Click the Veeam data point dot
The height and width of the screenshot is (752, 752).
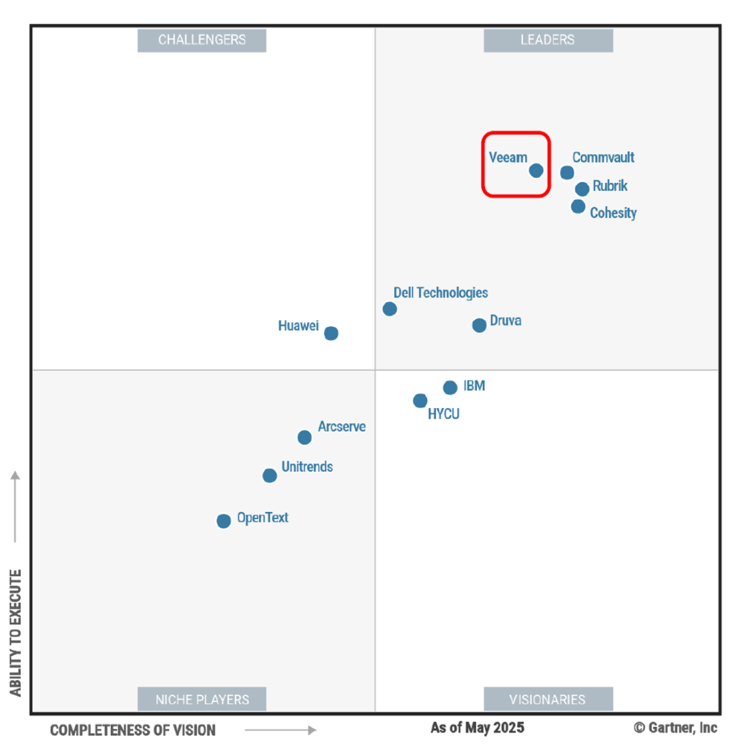tap(536, 170)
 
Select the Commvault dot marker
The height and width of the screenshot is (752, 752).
tap(567, 172)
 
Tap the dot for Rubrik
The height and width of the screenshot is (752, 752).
tap(582, 189)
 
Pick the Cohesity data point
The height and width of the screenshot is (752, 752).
tap(578, 206)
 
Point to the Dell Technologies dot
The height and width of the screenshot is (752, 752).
tap(390, 309)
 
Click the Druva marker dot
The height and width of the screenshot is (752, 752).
tap(479, 325)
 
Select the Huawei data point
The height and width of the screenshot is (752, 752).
tap(332, 333)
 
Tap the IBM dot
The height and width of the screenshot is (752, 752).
tap(450, 388)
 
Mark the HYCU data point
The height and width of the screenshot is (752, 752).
tap(420, 400)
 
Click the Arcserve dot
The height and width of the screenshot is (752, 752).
tap(305, 437)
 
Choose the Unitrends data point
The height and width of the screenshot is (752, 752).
tap(270, 476)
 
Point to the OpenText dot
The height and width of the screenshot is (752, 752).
tap(224, 521)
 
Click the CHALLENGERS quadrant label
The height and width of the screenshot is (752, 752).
tap(202, 40)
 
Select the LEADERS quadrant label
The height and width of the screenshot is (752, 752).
tap(548, 40)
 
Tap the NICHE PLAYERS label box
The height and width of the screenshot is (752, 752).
tap(202, 699)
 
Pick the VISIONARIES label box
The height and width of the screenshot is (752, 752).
tap(548, 699)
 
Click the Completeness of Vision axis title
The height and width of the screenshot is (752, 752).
tap(133, 730)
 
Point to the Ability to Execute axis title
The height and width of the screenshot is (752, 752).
tap(16, 632)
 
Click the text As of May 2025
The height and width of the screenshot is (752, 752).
tap(478, 728)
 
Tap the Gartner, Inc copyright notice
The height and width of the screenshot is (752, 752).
tap(676, 728)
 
